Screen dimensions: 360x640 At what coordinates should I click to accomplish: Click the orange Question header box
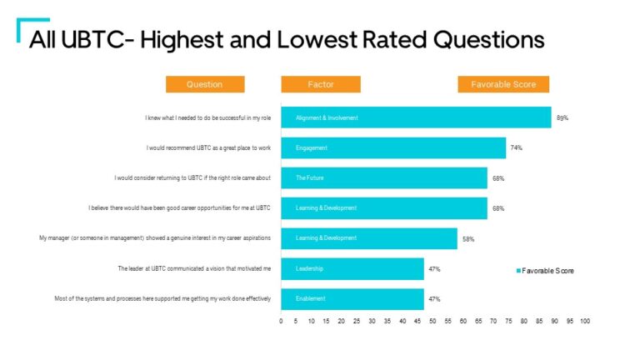pyautogui.click(x=205, y=84)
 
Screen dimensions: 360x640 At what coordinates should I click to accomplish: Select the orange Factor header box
pyautogui.click(x=321, y=84)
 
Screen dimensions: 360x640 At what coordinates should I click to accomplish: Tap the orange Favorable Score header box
pyautogui.click(x=503, y=84)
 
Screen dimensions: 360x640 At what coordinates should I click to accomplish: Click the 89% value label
pyautogui.click(x=562, y=118)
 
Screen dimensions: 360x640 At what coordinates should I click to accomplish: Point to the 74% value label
pyautogui.click(x=517, y=148)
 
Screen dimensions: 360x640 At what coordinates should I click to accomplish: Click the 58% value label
pyautogui.click(x=468, y=239)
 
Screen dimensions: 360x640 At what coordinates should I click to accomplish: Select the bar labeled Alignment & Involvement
pyautogui.click(x=416, y=118)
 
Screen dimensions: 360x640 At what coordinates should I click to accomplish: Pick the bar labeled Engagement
pyautogui.click(x=393, y=148)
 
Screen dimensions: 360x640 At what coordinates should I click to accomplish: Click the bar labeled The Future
pyautogui.click(x=384, y=178)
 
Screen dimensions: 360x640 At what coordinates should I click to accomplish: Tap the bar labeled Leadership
pyautogui.click(x=352, y=269)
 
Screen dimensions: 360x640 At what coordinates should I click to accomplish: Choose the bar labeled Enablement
pyautogui.click(x=352, y=298)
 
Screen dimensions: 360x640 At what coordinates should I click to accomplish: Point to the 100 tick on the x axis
pyautogui.click(x=585, y=321)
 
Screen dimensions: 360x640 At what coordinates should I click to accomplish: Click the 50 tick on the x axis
pyautogui.click(x=433, y=321)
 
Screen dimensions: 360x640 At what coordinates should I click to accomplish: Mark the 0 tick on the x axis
pyautogui.click(x=281, y=321)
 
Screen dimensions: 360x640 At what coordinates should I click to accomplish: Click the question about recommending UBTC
pyautogui.click(x=208, y=148)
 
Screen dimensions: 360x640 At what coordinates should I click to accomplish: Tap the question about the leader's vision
pyautogui.click(x=195, y=269)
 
